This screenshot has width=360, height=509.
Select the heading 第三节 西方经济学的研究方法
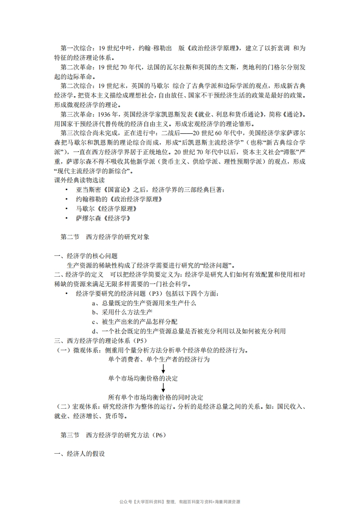[113, 435]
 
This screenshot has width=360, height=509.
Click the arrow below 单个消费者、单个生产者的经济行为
[163, 368]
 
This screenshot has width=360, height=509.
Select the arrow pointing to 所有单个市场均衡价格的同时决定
[163, 388]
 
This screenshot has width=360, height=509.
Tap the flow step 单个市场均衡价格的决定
[143, 378]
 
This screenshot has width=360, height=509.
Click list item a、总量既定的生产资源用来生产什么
[144, 303]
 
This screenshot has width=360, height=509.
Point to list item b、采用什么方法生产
[122, 312]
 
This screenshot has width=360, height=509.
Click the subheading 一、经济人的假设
[80, 454]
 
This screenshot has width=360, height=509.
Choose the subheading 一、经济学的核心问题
[86, 256]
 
